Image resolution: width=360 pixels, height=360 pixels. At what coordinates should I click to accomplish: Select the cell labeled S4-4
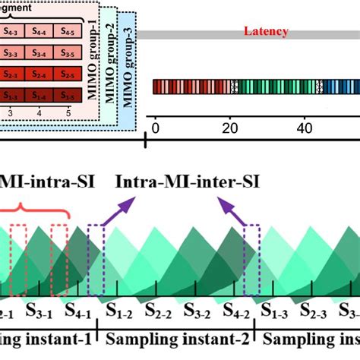(x=40, y=32)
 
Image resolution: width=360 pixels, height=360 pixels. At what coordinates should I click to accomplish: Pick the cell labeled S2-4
(x=40, y=75)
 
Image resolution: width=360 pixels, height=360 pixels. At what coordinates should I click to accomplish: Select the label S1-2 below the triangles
(x=119, y=313)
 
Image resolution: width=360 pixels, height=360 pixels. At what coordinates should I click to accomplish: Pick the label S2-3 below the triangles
(x=315, y=313)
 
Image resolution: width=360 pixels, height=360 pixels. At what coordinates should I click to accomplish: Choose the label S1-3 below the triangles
(x=276, y=313)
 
